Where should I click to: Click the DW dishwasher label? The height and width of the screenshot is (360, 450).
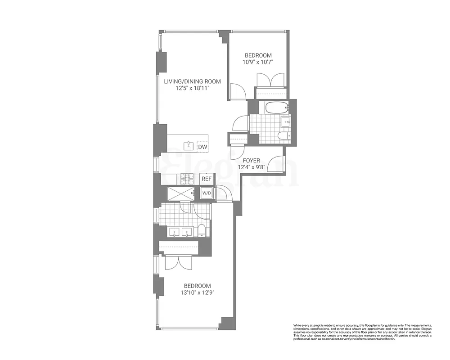point(202,147)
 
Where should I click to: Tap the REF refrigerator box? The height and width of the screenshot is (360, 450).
point(207,179)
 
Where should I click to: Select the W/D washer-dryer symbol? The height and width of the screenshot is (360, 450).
point(207,193)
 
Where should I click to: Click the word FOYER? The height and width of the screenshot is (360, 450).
point(252,160)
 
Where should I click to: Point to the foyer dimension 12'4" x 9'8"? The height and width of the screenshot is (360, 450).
point(252,167)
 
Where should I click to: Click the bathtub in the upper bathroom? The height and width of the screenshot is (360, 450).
point(275,108)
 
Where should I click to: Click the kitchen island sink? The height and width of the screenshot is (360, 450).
point(189,146)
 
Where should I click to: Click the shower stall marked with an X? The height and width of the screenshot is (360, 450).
point(180,193)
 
